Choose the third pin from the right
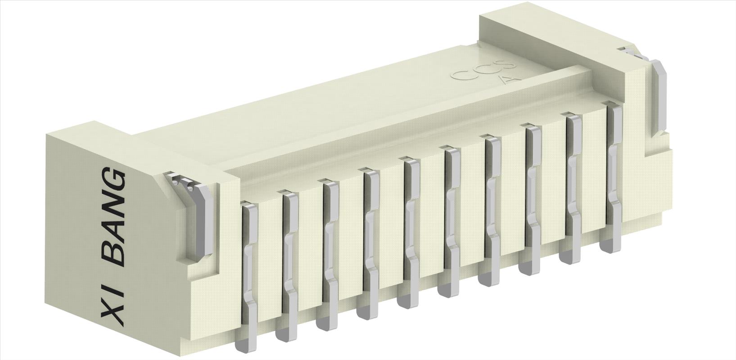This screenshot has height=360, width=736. [x=531, y=198]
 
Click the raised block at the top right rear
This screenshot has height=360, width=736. [x=540, y=27]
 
